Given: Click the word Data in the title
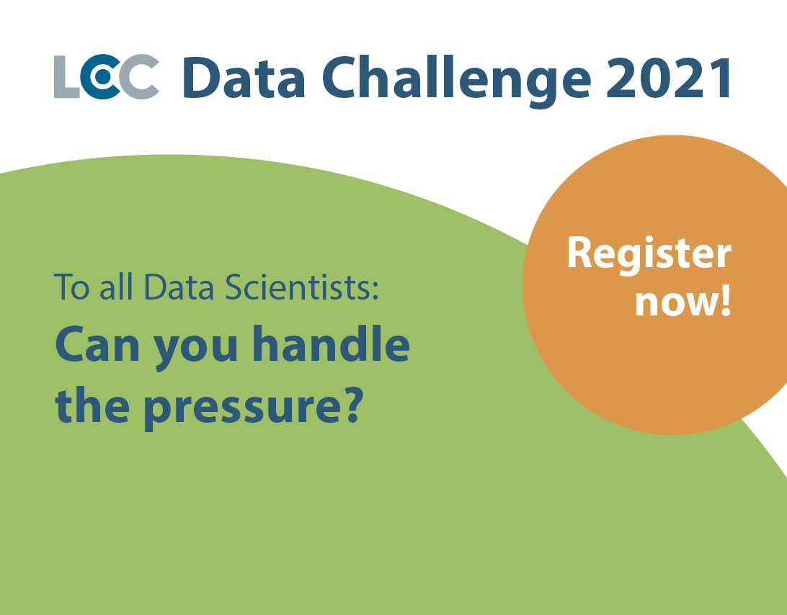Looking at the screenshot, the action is [x=244, y=77].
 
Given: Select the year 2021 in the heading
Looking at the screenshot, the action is [x=668, y=78].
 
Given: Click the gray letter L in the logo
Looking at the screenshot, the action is [x=66, y=77].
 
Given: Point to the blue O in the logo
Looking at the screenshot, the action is [x=102, y=77].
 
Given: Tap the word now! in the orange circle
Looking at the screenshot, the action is [x=683, y=302].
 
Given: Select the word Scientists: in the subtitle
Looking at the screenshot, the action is [x=301, y=287].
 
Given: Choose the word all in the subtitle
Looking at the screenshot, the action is [x=117, y=287].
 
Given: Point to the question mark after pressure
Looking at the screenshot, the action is [x=353, y=406].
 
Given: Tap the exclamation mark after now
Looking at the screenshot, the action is [x=726, y=302].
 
